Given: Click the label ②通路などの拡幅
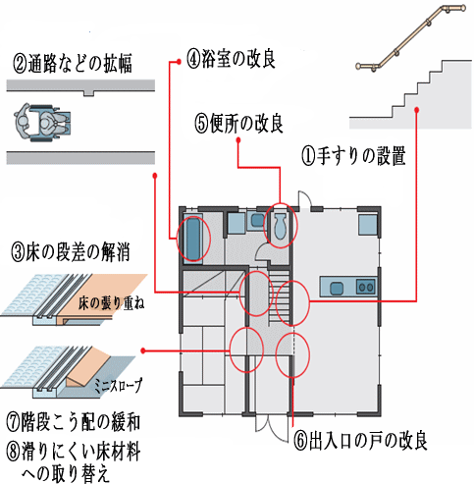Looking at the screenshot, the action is pyautogui.click(x=73, y=63).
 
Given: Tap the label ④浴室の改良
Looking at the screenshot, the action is pyautogui.click(x=231, y=58).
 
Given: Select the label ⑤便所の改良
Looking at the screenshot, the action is pyautogui.click(x=238, y=124).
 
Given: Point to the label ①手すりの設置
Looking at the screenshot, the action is pyautogui.click(x=353, y=155).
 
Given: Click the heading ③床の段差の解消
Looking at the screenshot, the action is pyautogui.click(x=71, y=251).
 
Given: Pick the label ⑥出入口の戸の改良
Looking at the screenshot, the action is pyautogui.click(x=360, y=441).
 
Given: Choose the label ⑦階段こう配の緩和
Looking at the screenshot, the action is pyautogui.click(x=74, y=422).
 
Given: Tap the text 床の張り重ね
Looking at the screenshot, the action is pyautogui.click(x=111, y=303).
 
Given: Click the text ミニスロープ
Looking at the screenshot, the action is pyautogui.click(x=119, y=385).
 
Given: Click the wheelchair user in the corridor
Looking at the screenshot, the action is pyautogui.click(x=42, y=123).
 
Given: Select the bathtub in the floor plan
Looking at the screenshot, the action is pyautogui.click(x=192, y=239).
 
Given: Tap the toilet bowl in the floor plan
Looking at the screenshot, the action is pyautogui.click(x=280, y=226).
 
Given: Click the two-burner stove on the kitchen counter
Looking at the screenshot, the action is pyautogui.click(x=365, y=287).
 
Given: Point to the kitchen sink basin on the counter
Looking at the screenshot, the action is pyautogui.click(x=337, y=288).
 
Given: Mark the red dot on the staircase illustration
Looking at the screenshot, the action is pyautogui.click(x=416, y=110).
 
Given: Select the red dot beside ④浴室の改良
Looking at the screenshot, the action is pyautogui.click(x=179, y=62).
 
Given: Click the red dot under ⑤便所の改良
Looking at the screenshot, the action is pyautogui.click(x=238, y=140).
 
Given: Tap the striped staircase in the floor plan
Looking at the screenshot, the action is pyautogui.click(x=280, y=296).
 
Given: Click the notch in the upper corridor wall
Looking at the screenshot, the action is pyautogui.click(x=88, y=93).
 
